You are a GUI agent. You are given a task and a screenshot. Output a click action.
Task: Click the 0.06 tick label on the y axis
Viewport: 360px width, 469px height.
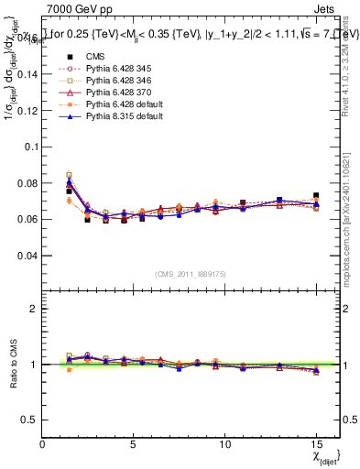point(27,219)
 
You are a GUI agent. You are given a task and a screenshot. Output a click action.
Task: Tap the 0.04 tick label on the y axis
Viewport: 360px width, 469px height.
point(27,255)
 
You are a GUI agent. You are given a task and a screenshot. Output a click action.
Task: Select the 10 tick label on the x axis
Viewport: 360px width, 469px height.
point(225,443)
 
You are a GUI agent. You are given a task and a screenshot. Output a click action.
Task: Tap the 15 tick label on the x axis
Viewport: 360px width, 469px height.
point(316,443)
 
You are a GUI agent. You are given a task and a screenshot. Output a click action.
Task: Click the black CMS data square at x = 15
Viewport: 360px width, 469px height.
point(316,196)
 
